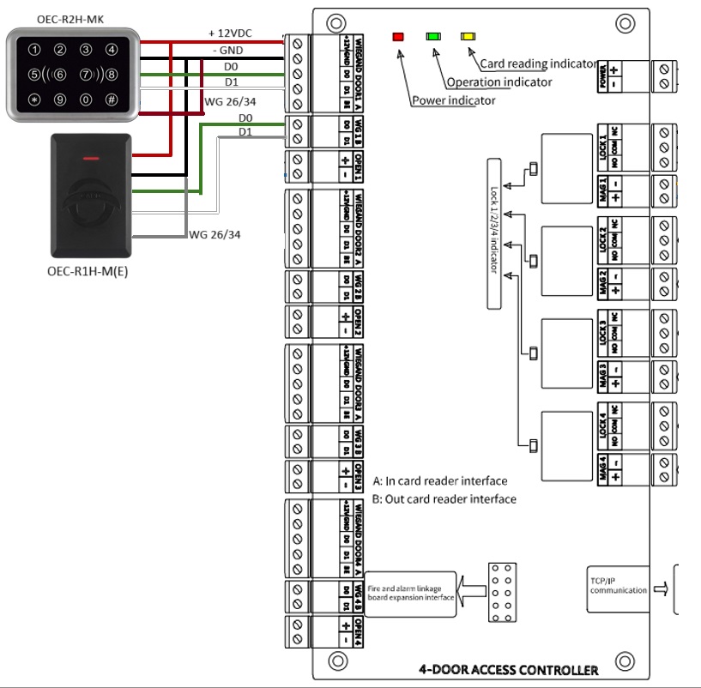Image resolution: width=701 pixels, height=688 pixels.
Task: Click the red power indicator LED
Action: coord(398,37)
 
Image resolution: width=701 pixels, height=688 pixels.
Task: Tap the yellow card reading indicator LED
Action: coord(468,37)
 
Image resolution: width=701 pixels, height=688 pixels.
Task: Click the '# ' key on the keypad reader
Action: coord(111,99)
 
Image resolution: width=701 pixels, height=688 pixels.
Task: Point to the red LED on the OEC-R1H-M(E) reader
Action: coord(90,159)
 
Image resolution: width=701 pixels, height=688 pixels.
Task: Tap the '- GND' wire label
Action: coord(227,51)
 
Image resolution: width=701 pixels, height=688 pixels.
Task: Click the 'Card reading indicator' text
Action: coord(538,63)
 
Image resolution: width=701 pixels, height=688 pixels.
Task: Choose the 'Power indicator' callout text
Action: coord(454,100)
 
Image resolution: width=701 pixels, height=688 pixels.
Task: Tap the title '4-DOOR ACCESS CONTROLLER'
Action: coord(508,669)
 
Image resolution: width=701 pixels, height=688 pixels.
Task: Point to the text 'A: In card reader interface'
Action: coord(440,481)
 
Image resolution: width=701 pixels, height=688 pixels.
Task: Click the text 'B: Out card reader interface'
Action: coord(444,499)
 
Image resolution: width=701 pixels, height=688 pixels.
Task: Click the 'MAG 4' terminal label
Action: coord(603,468)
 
